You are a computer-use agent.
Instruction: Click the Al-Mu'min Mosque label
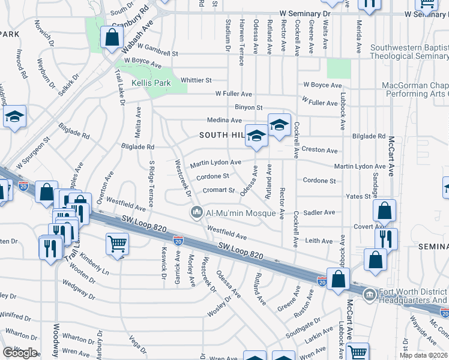(x=241, y=213)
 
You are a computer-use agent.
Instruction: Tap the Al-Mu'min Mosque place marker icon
(x=196, y=212)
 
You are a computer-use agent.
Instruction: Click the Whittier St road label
(x=196, y=80)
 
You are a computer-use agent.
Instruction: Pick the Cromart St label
(x=218, y=190)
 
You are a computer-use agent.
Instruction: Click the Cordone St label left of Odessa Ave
(x=213, y=176)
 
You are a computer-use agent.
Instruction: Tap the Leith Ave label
(x=319, y=241)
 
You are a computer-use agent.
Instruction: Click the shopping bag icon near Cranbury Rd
(x=112, y=37)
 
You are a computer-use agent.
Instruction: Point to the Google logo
(x=20, y=352)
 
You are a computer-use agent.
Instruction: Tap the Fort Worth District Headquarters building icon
(x=369, y=293)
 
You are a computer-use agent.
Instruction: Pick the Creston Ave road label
(x=319, y=150)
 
